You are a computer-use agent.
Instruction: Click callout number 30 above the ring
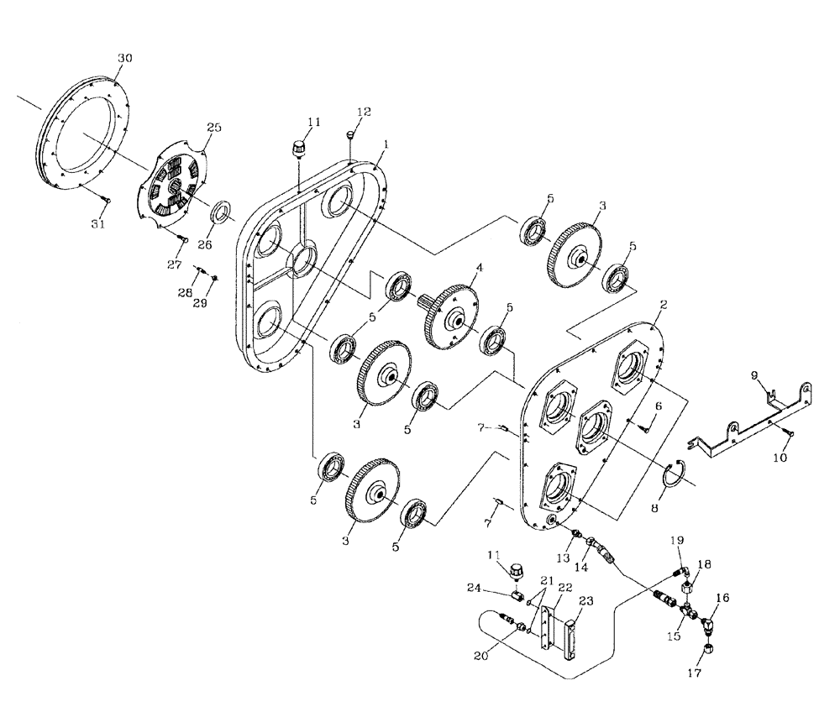124,58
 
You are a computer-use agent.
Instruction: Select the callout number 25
214,128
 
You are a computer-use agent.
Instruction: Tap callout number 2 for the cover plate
663,305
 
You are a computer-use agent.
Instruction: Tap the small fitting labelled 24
518,596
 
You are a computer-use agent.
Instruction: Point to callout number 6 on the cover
659,406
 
